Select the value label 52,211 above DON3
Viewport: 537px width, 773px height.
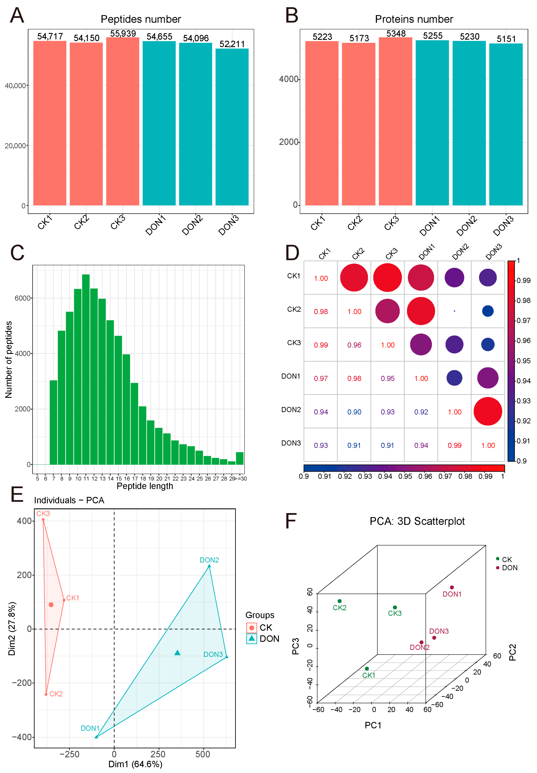click(232, 44)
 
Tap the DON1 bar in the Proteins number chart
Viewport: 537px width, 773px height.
click(432, 123)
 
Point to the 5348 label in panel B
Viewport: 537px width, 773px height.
click(396, 34)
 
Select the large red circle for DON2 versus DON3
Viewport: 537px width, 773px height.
click(488, 411)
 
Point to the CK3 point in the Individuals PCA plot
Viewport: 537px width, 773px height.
click(43, 519)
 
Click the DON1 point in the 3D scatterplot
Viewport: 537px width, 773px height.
click(452, 587)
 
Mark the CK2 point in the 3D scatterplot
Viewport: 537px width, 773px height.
click(340, 601)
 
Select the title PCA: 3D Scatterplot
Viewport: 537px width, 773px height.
click(417, 521)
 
